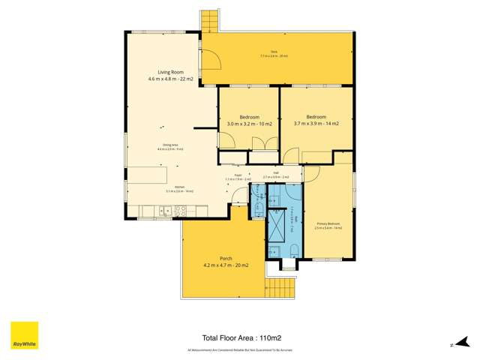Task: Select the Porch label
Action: point(215,262)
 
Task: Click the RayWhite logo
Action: point(24,335)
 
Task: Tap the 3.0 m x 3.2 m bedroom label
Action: point(249,121)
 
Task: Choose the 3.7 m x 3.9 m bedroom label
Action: point(316,120)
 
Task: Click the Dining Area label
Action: point(169,147)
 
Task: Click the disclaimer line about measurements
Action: point(239,350)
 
